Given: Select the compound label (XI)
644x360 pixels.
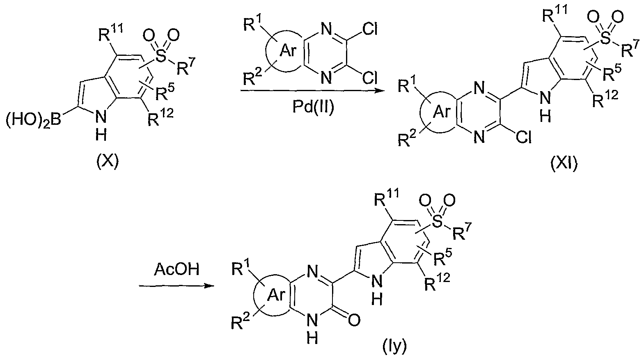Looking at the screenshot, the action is pos(564,164).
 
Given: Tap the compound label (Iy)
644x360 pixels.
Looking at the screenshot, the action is pos(395,347).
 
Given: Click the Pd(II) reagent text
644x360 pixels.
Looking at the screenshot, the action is pos(313,107).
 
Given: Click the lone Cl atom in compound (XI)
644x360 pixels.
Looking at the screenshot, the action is pos(523,138).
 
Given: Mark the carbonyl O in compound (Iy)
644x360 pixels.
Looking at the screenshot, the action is pos(354,320).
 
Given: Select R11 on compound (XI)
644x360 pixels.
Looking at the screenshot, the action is pos(555,14).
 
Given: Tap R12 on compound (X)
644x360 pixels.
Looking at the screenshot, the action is pos(160,117).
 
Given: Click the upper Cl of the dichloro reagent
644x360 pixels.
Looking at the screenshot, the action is pos(369,30).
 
